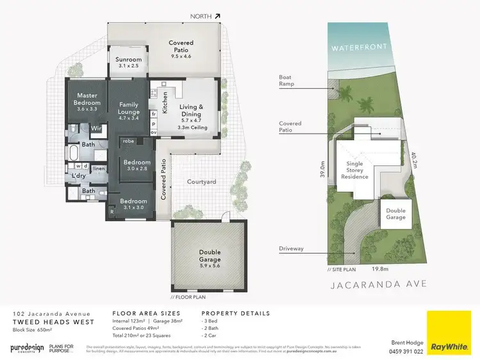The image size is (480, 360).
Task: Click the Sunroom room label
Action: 129,63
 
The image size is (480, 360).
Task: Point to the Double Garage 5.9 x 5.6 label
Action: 209,260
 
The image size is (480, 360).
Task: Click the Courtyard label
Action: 201,182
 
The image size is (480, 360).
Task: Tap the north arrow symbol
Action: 218,17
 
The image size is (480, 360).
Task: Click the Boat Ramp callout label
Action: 285,81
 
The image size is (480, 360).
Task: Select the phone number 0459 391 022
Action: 407,351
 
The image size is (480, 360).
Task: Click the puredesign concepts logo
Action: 27,348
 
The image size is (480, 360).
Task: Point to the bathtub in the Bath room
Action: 74,154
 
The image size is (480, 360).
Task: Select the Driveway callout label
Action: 291,249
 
